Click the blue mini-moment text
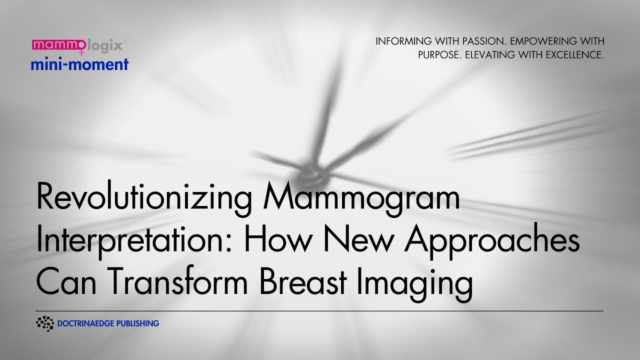[x=79, y=64]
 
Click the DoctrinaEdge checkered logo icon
[x=45, y=323]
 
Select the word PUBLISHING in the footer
[x=137, y=323]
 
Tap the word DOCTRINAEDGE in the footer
[x=85, y=323]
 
